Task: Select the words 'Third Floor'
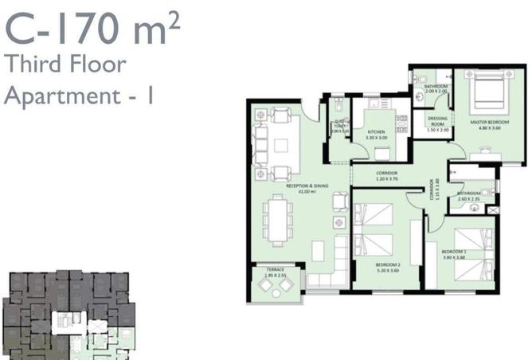click(65, 65)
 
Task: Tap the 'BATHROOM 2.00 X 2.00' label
click(436, 88)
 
